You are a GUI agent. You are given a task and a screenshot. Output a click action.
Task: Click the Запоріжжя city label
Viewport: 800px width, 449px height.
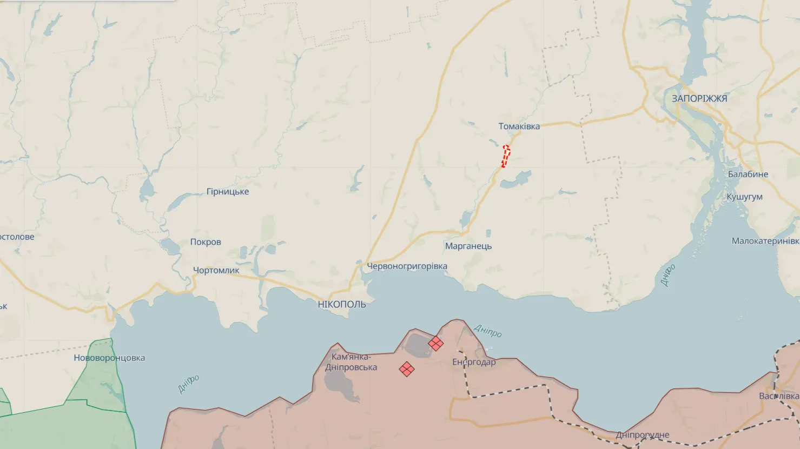point(699,98)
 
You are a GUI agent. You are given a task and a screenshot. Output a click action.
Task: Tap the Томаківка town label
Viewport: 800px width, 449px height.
point(519,126)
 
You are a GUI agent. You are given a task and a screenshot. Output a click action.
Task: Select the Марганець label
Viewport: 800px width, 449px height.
point(468,246)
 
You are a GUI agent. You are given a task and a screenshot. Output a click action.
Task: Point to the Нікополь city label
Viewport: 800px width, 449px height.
point(342,305)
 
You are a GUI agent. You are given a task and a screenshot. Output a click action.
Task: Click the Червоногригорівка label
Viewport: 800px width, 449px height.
point(407,266)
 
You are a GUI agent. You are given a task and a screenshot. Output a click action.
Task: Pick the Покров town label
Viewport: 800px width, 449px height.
point(206,242)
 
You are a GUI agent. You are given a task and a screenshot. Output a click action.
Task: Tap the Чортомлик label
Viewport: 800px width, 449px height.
point(216,270)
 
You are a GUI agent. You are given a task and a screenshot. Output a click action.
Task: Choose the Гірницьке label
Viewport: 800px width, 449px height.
point(228,192)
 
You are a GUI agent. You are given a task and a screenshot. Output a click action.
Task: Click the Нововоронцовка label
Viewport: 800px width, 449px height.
point(109,358)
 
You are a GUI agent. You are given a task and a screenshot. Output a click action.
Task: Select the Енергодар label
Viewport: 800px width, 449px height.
point(474,362)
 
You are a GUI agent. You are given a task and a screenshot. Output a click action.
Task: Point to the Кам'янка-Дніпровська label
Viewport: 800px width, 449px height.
point(351,362)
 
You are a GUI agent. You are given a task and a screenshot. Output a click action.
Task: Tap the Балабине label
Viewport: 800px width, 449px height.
point(748,175)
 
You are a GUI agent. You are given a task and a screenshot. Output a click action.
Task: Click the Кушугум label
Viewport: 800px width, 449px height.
point(744,197)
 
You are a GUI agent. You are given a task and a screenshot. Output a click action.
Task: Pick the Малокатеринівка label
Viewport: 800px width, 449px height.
point(765,241)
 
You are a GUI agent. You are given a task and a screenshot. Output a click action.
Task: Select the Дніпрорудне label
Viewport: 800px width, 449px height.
point(642,435)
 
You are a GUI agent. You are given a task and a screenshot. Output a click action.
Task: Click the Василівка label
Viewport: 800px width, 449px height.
point(779,396)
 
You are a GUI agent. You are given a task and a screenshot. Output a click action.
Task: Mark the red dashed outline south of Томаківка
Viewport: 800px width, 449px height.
point(506,156)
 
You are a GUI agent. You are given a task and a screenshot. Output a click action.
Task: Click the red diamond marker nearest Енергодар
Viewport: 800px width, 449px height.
point(435,343)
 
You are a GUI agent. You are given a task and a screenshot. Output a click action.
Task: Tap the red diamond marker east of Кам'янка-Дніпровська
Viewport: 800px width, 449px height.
point(407,369)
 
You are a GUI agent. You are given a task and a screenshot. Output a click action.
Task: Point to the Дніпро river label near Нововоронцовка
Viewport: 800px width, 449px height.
point(188,384)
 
